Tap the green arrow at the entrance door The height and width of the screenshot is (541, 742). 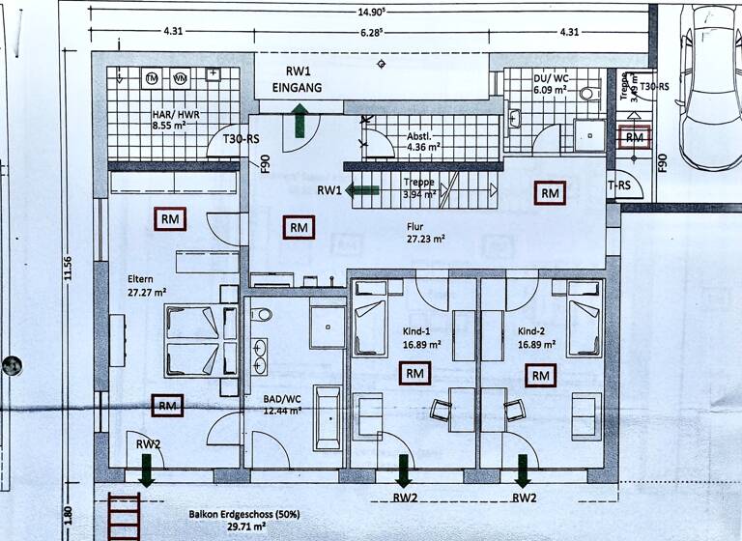[300, 121]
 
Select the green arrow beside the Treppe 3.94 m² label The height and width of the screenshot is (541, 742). [363, 190]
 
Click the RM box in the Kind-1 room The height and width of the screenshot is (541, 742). [414, 373]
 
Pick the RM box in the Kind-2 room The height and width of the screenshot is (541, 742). [540, 375]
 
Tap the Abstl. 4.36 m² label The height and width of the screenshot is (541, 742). [424, 141]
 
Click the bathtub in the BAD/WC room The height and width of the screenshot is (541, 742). [328, 416]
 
